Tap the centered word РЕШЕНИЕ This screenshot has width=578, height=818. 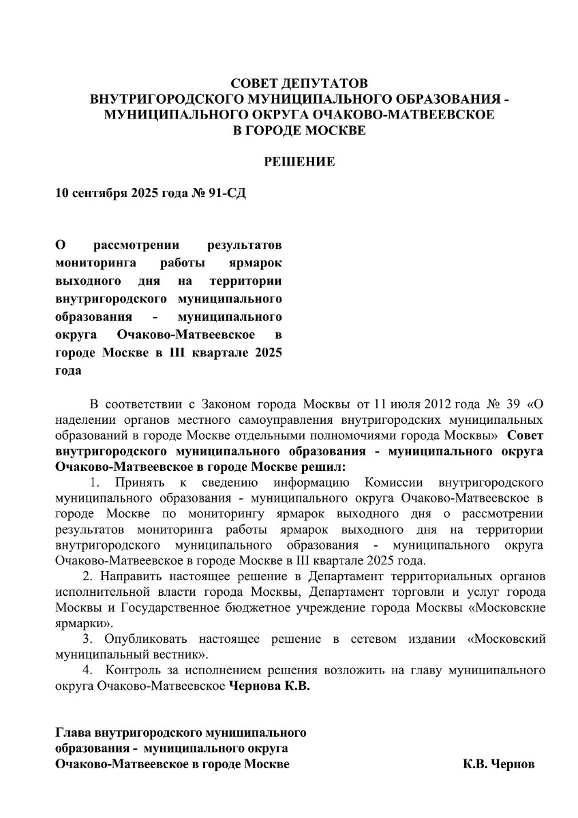(x=299, y=162)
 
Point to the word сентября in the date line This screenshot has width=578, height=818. (x=96, y=193)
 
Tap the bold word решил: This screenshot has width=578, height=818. (x=322, y=467)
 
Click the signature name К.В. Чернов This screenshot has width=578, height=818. (x=499, y=765)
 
